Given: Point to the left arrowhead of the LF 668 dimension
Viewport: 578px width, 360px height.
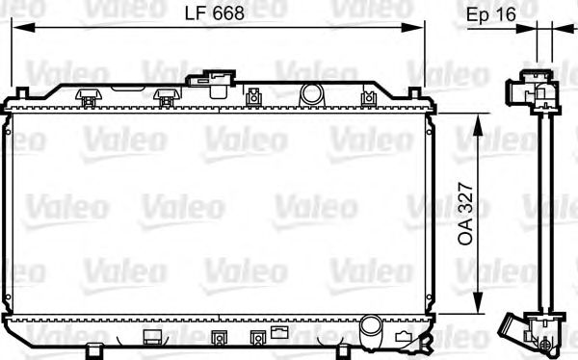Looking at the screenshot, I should coord(15,27).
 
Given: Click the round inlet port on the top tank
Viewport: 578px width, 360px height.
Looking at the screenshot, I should coord(311,94).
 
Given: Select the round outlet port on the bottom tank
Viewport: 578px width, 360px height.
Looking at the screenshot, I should coord(371,329).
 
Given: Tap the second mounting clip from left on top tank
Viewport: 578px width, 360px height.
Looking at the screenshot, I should coord(166,96).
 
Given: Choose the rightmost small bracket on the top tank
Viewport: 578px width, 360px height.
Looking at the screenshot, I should coord(367,97).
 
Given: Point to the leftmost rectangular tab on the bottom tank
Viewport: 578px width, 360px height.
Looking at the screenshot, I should coord(151,336).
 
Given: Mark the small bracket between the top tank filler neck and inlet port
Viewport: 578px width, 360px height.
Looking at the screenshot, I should coord(253,96).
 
